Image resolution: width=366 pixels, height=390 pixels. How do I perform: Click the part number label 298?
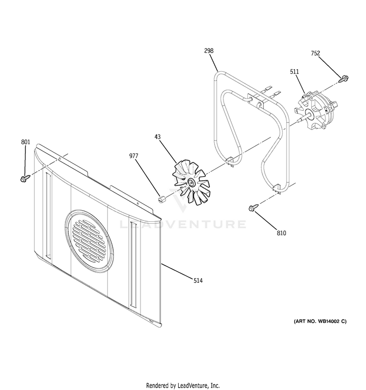tap(209, 51)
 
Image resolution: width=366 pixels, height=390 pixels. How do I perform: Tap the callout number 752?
tap(315, 53)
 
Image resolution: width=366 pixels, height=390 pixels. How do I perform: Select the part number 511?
tap(294, 72)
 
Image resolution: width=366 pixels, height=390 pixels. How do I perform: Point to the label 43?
tap(158, 137)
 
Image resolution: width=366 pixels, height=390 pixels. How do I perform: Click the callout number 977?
tap(134, 156)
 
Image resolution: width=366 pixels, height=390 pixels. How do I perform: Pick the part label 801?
tap(26, 142)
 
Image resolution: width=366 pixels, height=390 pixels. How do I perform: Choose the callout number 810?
tap(282, 233)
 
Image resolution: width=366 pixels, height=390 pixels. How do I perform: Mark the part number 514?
tap(198, 281)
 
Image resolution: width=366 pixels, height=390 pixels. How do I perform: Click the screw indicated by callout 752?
tap(344, 79)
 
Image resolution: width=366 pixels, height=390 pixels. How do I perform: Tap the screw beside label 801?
tap(25, 178)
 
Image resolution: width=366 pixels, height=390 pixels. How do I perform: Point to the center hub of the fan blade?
tap(191, 182)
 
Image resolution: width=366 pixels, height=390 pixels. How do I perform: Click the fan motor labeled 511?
tap(315, 111)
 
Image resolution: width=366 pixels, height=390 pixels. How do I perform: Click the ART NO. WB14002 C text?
tap(320, 321)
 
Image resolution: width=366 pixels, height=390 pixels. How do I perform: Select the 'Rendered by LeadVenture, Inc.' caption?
tap(183, 385)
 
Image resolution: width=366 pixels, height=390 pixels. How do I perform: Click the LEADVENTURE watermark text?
tap(183, 224)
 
